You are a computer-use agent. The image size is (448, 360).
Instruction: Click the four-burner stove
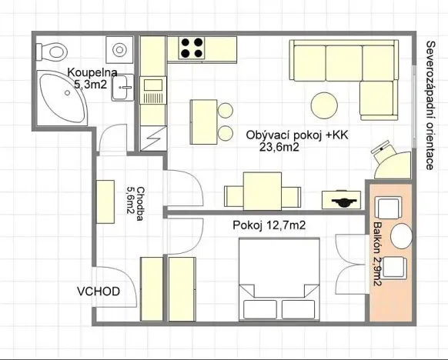tap(192, 49)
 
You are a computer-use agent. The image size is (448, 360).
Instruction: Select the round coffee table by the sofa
tap(324, 102)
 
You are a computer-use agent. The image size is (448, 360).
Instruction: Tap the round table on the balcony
tap(402, 236)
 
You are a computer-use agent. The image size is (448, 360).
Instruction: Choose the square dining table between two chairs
tap(258, 191)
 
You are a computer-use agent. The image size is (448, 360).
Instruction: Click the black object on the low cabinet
tap(342, 202)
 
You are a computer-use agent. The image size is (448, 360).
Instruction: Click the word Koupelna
tap(92, 73)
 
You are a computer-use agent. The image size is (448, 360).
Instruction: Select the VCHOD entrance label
tap(98, 292)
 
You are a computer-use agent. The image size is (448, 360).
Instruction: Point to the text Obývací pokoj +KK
tap(297, 135)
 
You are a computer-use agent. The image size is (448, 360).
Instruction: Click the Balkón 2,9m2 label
tap(377, 254)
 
